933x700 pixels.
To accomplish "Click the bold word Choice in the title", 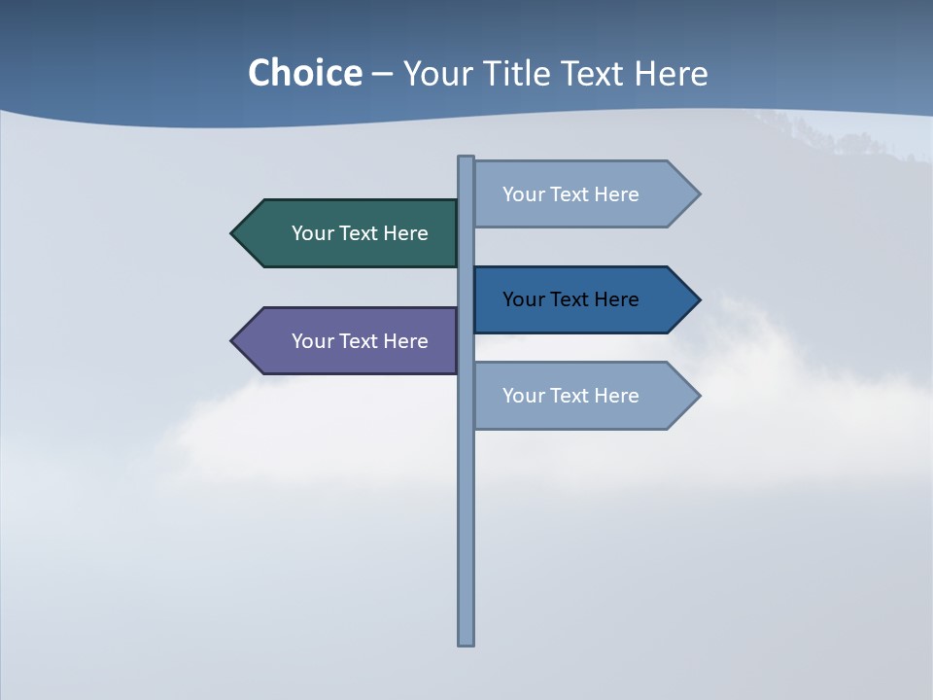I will click(x=304, y=73).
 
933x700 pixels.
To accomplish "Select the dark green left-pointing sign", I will click(x=350, y=233).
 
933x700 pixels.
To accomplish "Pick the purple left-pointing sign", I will click(x=350, y=341).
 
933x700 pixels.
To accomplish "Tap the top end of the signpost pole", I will click(x=466, y=158).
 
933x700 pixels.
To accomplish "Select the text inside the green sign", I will click(x=360, y=233).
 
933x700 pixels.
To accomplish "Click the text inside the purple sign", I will click(x=360, y=341).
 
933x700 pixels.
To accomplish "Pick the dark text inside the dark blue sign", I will click(x=570, y=299).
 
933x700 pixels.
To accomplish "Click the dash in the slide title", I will click(x=382, y=74).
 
